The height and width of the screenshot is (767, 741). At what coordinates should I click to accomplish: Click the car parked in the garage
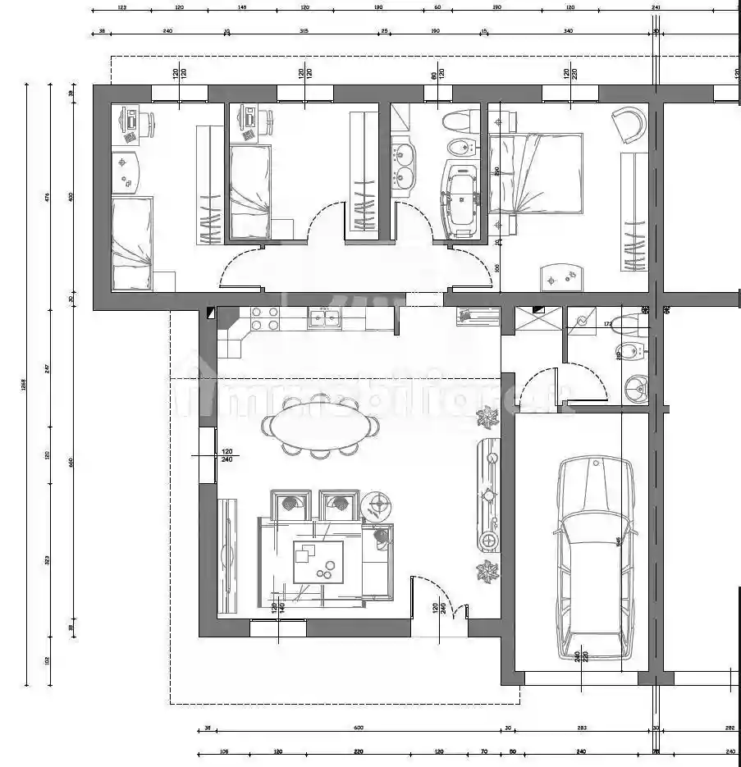594,558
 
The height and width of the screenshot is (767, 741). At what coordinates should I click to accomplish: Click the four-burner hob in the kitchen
266,318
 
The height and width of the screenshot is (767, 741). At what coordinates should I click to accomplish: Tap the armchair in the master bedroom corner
629,124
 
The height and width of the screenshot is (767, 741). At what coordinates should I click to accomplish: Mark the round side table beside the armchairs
377,503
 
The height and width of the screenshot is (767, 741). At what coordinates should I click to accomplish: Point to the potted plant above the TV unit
487,419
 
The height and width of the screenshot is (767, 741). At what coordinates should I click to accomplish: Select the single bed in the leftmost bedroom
131,244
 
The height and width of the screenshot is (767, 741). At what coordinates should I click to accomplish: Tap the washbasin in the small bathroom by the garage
634,387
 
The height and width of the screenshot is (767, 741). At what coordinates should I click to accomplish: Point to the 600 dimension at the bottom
358,728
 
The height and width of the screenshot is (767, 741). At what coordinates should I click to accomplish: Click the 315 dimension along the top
304,30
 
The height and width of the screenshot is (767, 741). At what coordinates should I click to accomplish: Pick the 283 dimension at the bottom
581,728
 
